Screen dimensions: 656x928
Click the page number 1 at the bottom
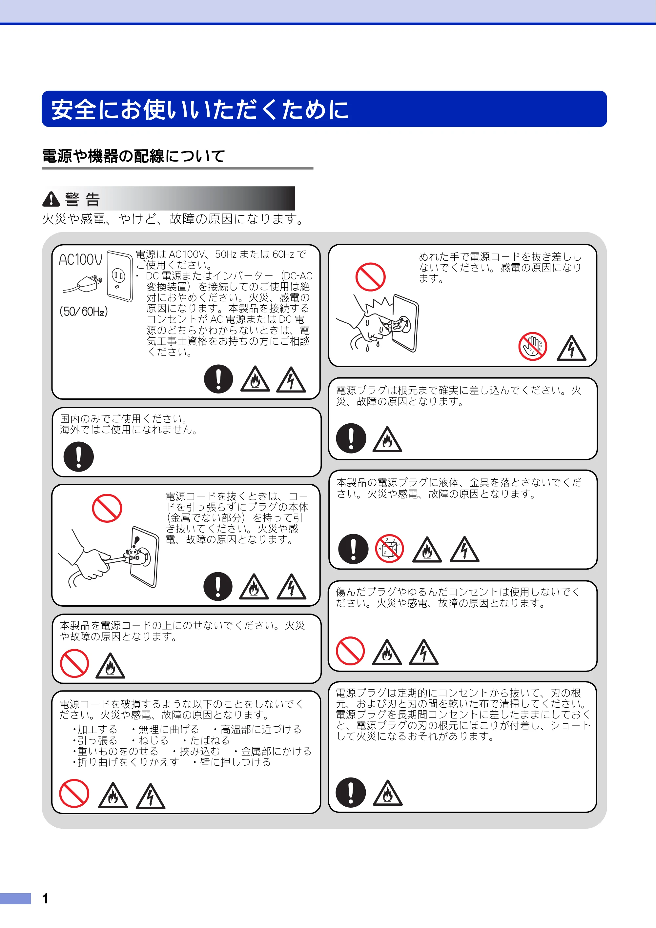click(x=45, y=898)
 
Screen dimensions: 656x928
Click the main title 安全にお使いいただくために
click(x=200, y=109)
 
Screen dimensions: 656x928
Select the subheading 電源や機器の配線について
click(x=133, y=156)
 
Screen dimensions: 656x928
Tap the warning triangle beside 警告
click(x=51, y=199)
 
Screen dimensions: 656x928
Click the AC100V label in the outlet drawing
click(x=81, y=259)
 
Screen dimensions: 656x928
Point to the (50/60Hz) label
click(x=84, y=311)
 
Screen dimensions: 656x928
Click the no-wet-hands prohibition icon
click(x=533, y=346)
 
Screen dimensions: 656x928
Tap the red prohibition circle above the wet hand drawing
click(x=370, y=277)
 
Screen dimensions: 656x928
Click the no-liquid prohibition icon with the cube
click(x=390, y=549)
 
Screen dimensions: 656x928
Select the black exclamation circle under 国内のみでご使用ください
click(x=79, y=457)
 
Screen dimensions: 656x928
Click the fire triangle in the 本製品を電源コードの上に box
click(x=110, y=666)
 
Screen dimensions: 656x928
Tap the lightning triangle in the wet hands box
click(x=571, y=348)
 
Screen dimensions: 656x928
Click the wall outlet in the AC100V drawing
click(x=120, y=276)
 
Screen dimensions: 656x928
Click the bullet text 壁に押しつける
click(x=232, y=762)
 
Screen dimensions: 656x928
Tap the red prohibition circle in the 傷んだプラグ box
click(x=350, y=651)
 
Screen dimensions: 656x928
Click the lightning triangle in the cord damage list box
click(x=150, y=796)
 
